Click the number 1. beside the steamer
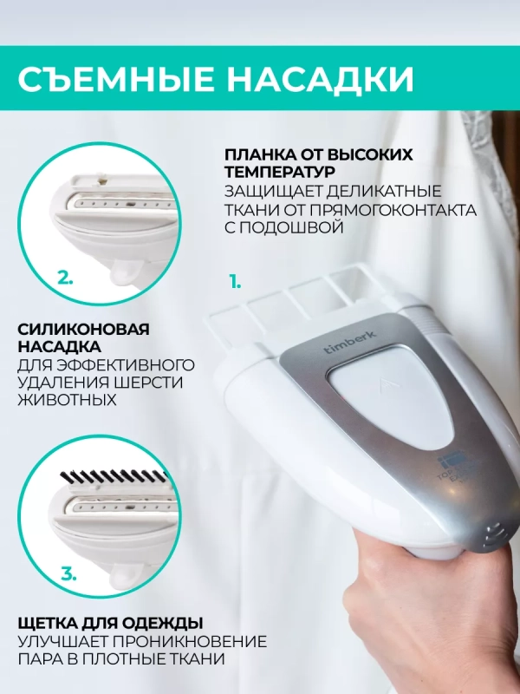pos(234,282)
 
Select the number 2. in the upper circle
pos(64,278)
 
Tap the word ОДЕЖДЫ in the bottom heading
pos(165,623)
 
